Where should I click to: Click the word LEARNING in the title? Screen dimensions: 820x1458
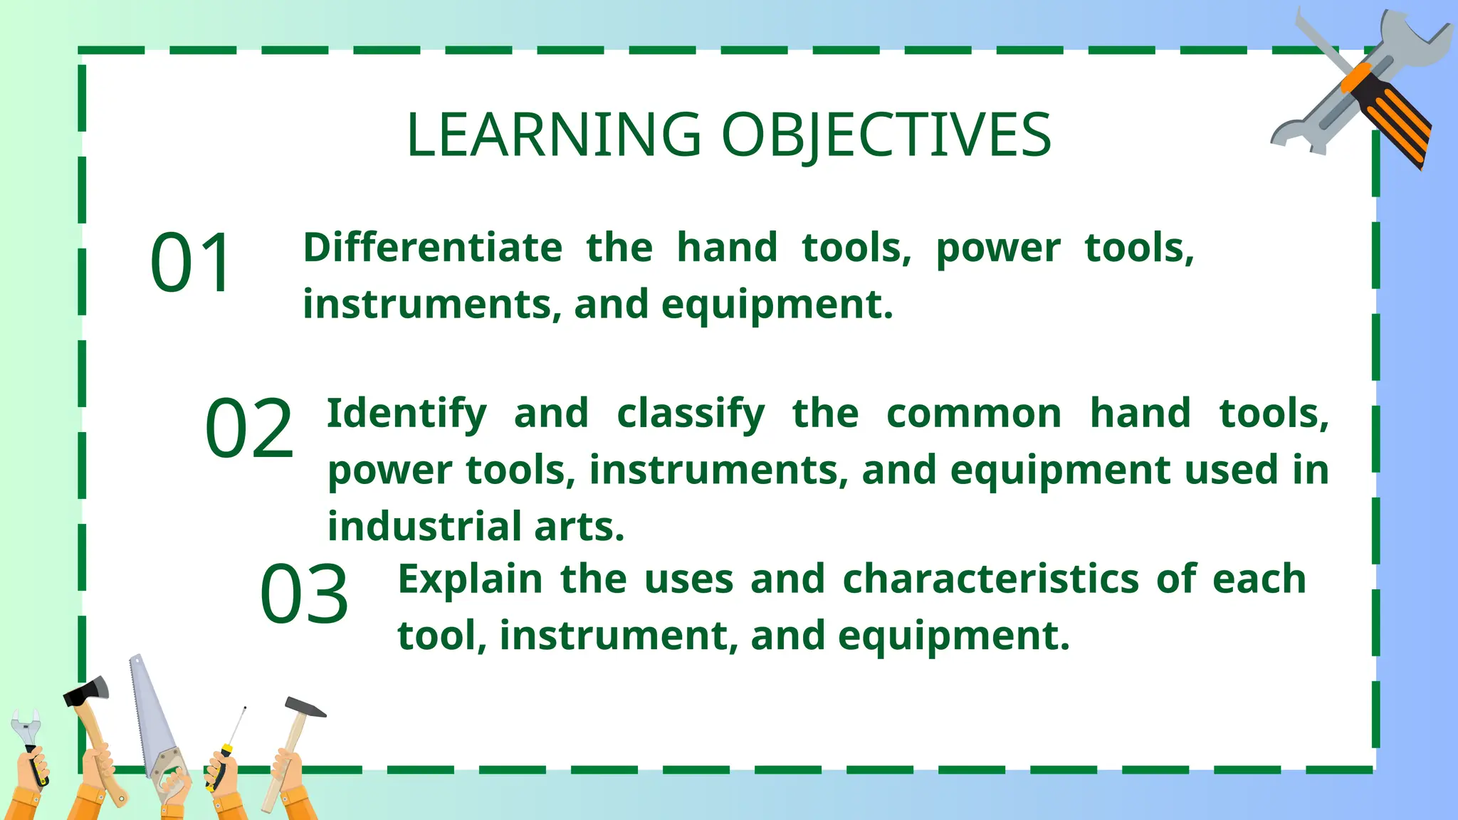pyautogui.click(x=554, y=135)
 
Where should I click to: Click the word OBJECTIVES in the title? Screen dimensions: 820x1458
pyautogui.click(x=886, y=135)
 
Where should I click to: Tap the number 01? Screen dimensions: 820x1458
pyautogui.click(x=191, y=262)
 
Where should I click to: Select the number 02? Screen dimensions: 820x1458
pyautogui.click(x=249, y=429)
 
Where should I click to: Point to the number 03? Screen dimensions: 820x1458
pyautogui.click(x=304, y=594)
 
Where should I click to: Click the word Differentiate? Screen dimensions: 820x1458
pyautogui.click(x=433, y=248)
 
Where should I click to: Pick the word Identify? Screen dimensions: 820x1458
pyautogui.click(x=407, y=414)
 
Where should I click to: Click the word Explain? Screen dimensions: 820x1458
pyautogui.click(x=470, y=579)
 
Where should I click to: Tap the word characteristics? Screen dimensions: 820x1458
pyautogui.click(x=991, y=579)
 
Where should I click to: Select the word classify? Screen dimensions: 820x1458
pyautogui.click(x=691, y=414)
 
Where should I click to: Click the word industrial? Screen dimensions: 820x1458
pyautogui.click(x=424, y=527)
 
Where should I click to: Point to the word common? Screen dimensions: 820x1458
pyautogui.click(x=973, y=414)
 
